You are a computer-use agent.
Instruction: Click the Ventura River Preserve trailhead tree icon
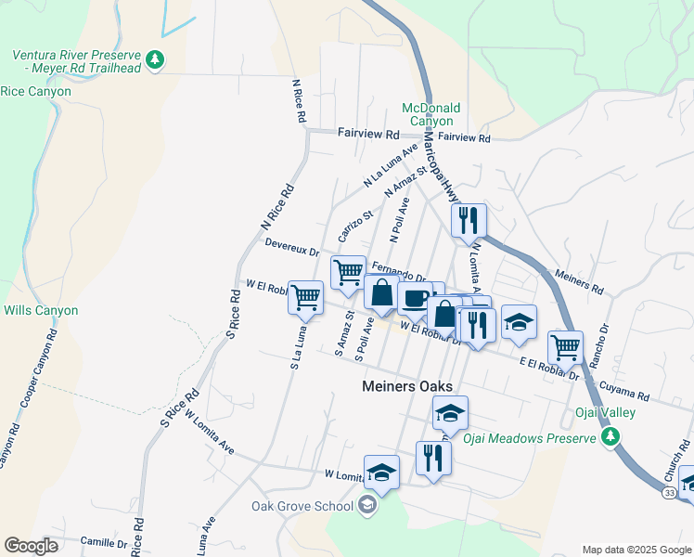coord(157,60)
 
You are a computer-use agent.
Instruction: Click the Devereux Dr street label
coord(291,247)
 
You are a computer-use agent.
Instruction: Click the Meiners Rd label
coord(578,276)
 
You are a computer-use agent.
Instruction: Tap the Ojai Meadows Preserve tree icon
coord(610,436)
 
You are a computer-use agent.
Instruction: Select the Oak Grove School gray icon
coord(367,506)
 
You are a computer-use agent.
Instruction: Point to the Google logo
coord(31,546)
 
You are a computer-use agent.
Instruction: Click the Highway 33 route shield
coord(670,490)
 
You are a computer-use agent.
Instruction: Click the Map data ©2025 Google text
coord(635,550)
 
